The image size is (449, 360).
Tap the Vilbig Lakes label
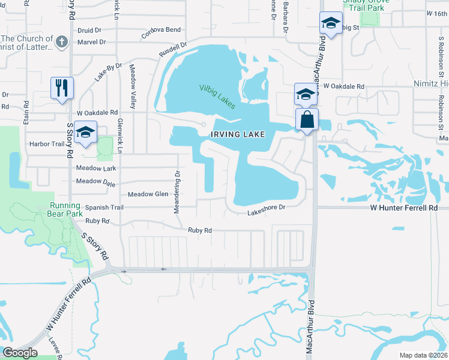click(217, 96)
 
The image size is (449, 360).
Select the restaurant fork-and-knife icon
click(62, 88)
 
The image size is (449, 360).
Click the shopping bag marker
click(307, 119)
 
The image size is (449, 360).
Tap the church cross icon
click(61, 42)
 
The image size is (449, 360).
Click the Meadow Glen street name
click(148, 194)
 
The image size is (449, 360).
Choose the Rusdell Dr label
click(173, 49)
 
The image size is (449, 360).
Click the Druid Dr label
click(89, 29)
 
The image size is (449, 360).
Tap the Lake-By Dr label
click(108, 72)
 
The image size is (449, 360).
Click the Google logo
click(20, 353)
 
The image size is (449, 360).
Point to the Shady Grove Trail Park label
click(366, 5)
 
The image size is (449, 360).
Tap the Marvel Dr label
click(91, 42)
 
